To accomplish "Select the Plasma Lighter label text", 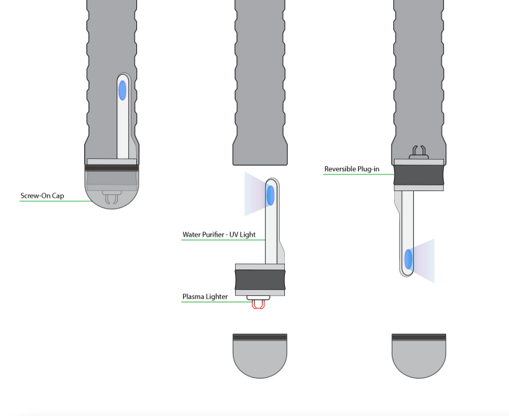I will (205, 297).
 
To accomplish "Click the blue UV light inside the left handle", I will (122, 91).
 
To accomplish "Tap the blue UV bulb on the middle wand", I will (270, 195).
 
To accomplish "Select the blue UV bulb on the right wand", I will (407, 258).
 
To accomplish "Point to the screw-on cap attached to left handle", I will (111, 187).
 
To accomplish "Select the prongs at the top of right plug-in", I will (418, 152).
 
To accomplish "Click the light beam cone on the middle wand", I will (253, 195).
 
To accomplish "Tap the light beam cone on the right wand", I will (426, 259).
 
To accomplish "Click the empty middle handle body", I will (259, 81).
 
